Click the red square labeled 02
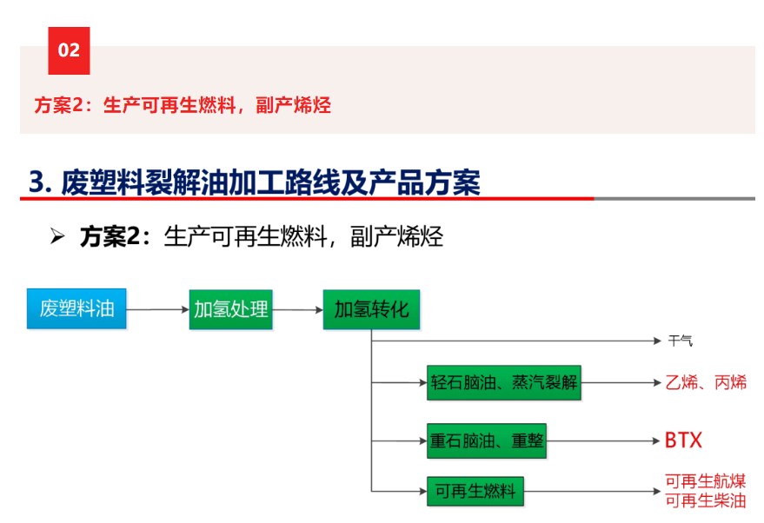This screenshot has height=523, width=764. (69, 50)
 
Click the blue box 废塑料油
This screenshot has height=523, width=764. (76, 308)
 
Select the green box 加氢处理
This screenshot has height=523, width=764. (230, 309)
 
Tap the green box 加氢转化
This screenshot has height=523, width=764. (371, 309)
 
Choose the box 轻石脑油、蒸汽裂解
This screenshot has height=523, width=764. (504, 383)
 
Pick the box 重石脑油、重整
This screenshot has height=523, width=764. (486, 441)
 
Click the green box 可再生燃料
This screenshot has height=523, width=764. (475, 492)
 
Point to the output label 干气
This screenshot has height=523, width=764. (681, 341)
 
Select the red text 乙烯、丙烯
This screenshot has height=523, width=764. (706, 382)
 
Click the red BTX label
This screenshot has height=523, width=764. (684, 440)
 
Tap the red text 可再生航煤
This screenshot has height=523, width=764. (706, 481)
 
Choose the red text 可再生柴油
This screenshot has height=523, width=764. (706, 500)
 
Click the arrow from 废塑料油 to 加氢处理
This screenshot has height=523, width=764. (158, 309)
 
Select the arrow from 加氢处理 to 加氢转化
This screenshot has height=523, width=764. (298, 309)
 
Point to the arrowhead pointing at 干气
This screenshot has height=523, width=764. (657, 341)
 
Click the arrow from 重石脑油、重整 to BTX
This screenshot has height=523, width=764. (603, 441)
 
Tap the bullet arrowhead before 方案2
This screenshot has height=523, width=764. (57, 236)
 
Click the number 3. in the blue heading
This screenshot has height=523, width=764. (41, 182)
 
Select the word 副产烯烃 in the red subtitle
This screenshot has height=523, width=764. (293, 105)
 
